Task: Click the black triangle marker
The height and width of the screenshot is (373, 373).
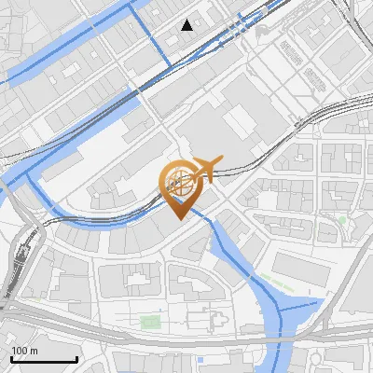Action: pos(188,25)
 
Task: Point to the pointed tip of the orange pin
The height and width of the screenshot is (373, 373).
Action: pos(178,218)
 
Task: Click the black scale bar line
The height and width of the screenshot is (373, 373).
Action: pos(44,360)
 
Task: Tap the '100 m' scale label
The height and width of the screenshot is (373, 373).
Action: pos(25,351)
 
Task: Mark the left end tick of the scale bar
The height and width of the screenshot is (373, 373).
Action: pos(11,358)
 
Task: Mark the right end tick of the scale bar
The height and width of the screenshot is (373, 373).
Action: pos(76,358)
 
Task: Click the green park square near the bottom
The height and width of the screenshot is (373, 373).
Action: pos(149,322)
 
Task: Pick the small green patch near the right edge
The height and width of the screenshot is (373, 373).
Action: pos(342,220)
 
